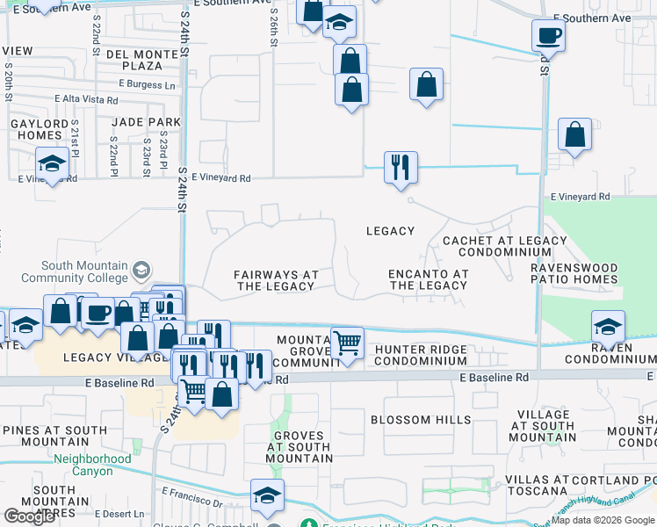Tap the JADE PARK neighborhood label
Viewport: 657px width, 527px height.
(x=148, y=122)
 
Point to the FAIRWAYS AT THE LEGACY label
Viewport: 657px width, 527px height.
(x=276, y=280)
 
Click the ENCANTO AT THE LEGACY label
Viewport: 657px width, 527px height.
(x=428, y=279)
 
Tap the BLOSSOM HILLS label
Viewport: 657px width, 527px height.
(x=421, y=420)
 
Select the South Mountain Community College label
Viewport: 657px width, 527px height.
(x=83, y=272)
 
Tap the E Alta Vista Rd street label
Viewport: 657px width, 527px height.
(x=86, y=100)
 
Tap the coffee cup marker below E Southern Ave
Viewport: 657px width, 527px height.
(x=547, y=36)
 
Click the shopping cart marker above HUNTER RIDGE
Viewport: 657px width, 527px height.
(x=348, y=343)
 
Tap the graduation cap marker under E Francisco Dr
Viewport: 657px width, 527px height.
(x=267, y=495)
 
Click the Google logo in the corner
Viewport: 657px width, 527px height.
(x=29, y=516)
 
